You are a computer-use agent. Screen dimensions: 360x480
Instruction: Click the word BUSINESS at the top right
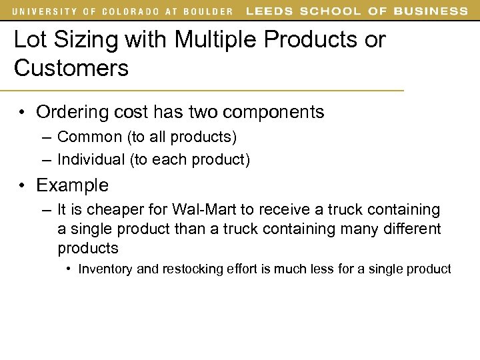point(431,11)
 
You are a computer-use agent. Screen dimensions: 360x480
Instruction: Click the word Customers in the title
point(71,67)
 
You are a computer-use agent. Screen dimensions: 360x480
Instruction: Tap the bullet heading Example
point(72,185)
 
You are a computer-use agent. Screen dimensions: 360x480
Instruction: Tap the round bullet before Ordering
point(22,113)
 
